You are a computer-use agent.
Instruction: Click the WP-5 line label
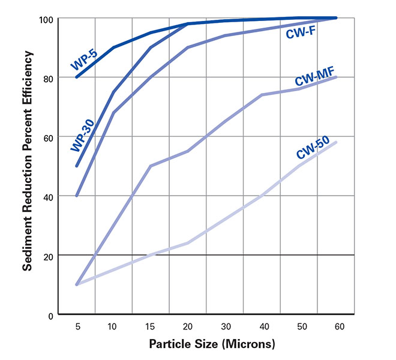[x=83, y=59]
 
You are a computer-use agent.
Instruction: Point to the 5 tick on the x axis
[x=77, y=327]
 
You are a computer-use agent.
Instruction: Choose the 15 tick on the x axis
[x=150, y=327]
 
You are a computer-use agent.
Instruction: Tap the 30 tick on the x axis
[x=224, y=327]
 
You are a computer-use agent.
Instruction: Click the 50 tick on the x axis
[x=298, y=327]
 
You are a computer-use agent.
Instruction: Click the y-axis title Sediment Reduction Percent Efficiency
[x=28, y=161]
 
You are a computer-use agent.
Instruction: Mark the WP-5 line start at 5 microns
[x=77, y=77]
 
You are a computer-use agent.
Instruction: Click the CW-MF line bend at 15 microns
[x=150, y=166]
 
